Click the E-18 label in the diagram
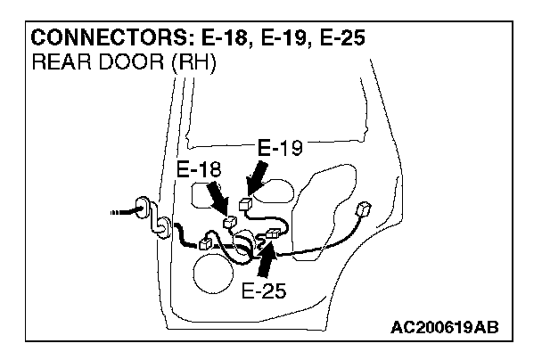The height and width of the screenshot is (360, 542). pyautogui.click(x=199, y=169)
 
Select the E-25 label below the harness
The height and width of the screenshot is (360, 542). pyautogui.click(x=264, y=290)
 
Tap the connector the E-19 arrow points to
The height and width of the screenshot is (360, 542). pyautogui.click(x=246, y=205)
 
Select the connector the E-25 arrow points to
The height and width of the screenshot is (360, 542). pyautogui.click(x=273, y=234)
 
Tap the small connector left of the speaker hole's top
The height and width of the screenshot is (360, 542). pyautogui.click(x=205, y=242)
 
